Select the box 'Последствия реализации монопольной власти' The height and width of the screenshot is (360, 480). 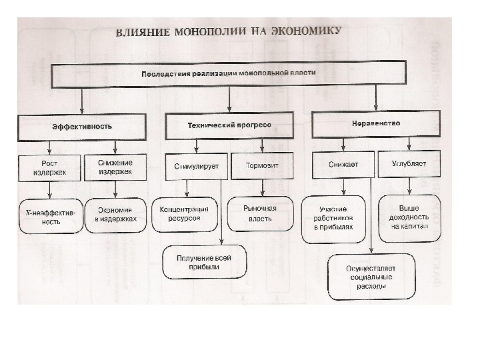click(229, 74)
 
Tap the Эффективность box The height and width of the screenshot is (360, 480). click(81, 126)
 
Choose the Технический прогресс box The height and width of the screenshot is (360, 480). click(228, 125)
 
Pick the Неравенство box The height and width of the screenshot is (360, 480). click(375, 123)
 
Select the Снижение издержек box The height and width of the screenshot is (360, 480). click(115, 167)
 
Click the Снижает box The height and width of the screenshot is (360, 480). click(343, 164)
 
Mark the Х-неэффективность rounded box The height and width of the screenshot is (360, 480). click(50, 215)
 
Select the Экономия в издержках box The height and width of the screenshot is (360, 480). click(115, 213)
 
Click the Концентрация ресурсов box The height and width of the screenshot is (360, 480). click(185, 213)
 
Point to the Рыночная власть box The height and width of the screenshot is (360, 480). click(261, 213)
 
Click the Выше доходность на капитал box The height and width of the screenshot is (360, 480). click(410, 213)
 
